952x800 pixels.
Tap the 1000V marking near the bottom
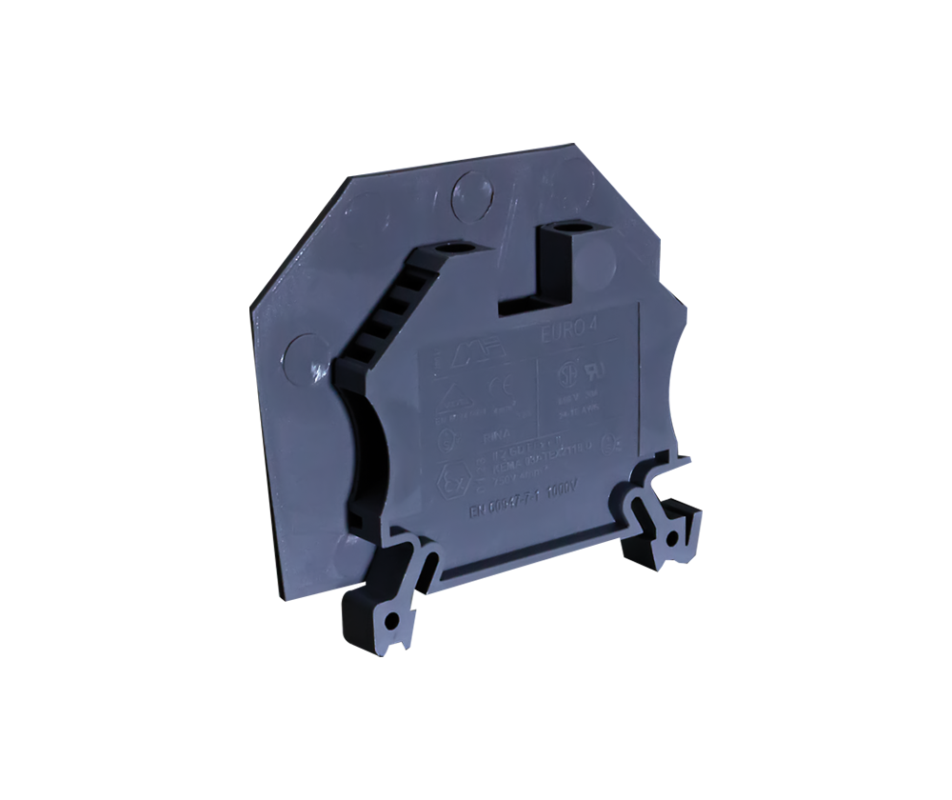click(564, 490)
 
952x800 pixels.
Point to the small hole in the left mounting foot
click(391, 621)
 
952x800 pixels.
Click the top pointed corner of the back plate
click(574, 145)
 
